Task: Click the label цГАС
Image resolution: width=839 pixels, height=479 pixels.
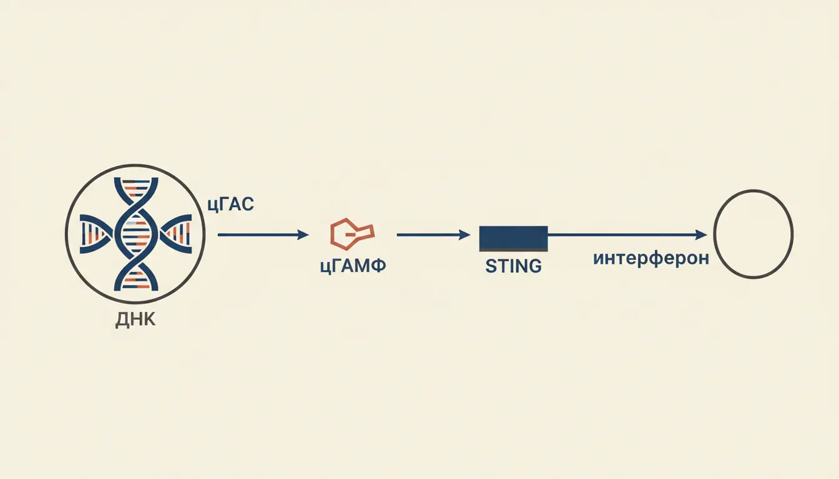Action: pos(231,205)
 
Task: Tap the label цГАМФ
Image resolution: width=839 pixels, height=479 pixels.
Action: pos(353,266)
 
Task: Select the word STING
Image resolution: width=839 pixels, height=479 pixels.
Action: pos(514,266)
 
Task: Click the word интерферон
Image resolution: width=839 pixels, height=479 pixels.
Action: pos(651,258)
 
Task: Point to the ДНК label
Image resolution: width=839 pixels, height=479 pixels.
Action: pos(135,320)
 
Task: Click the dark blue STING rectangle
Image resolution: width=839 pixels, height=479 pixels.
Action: pos(514,238)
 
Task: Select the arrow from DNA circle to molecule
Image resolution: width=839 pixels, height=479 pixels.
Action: pos(263,235)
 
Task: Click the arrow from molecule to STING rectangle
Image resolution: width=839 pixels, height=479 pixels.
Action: pos(433,235)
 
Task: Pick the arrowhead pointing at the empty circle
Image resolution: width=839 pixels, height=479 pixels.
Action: pos(701,235)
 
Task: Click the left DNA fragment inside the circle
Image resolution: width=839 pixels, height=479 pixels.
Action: pos(97,234)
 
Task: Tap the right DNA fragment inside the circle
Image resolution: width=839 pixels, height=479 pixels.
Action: pos(175,234)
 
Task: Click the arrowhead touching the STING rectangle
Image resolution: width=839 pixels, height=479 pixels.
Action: pos(465,235)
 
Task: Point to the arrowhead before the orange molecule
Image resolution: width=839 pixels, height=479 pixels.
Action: pos(303,235)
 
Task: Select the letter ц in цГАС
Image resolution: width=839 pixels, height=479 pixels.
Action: pos(212,206)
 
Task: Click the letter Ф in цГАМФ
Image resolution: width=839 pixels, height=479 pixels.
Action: pos(378,266)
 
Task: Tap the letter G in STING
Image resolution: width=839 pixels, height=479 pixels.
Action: pos(534,266)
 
